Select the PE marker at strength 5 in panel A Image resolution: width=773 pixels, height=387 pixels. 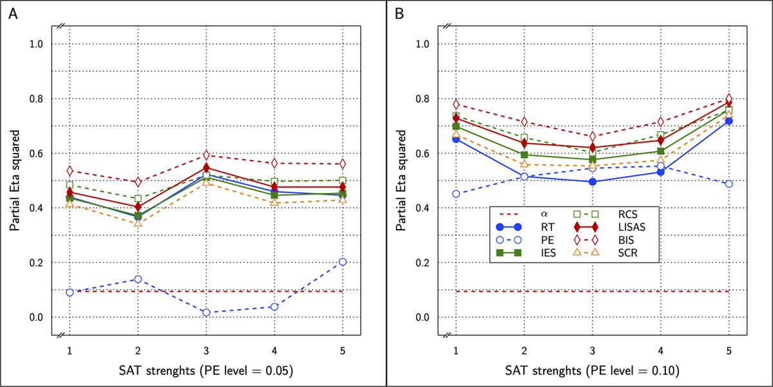point(343,262)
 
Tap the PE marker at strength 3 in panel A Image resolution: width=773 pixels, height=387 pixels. point(206,312)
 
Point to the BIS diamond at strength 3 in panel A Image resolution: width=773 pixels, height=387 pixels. point(206,155)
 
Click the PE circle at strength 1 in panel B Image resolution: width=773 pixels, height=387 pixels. point(456,193)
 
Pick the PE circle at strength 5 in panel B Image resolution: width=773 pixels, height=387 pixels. point(729,184)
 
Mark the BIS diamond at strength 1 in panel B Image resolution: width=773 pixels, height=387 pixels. point(456,104)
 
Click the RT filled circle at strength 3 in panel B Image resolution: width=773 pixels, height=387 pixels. point(593,182)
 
